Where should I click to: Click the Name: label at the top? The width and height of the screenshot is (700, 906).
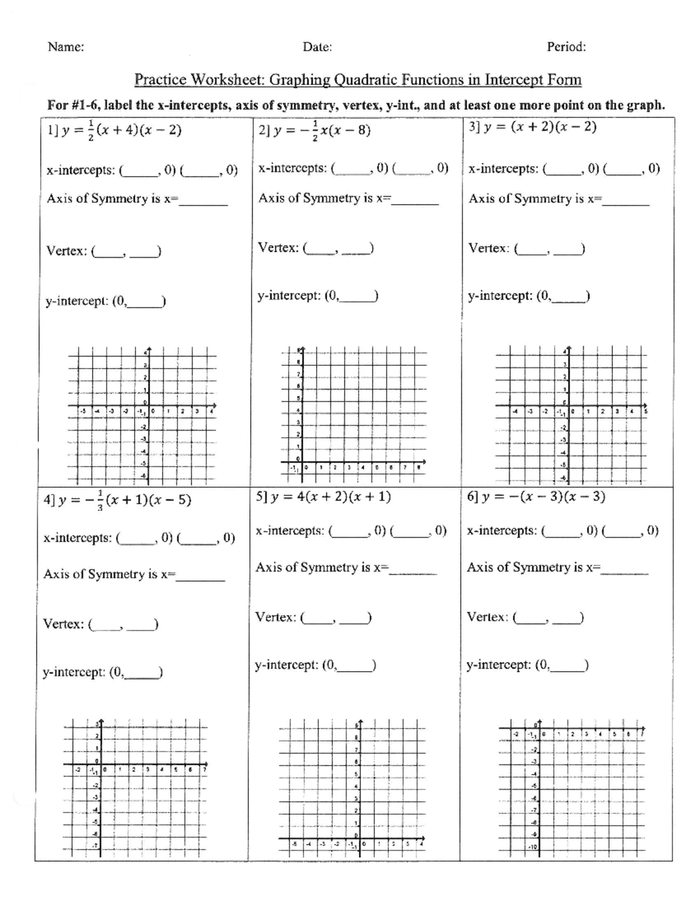(x=65, y=47)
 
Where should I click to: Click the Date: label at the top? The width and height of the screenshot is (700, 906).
(x=317, y=47)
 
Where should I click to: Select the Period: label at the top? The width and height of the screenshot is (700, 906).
(x=566, y=47)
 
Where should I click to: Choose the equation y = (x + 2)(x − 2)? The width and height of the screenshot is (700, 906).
(x=533, y=127)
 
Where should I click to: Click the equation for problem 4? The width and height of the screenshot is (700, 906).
(x=117, y=501)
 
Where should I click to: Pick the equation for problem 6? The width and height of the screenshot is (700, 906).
(x=536, y=496)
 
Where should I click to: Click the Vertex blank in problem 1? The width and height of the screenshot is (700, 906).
(x=127, y=252)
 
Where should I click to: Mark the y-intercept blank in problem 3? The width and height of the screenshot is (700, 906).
(x=569, y=297)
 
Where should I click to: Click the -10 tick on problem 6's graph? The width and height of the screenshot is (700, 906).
(x=532, y=846)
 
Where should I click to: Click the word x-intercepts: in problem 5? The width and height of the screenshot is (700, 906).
(x=289, y=531)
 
